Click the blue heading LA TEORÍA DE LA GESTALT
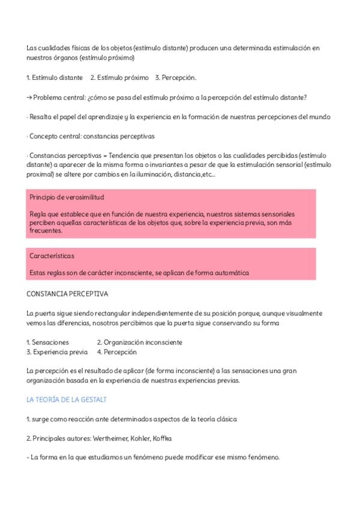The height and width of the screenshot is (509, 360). [x=67, y=399]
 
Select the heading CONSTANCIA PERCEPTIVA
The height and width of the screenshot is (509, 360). [x=67, y=294]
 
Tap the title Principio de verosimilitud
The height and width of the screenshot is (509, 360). [x=66, y=197]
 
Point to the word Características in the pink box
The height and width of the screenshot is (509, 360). [x=52, y=256]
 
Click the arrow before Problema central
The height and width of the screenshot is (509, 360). [x=29, y=97]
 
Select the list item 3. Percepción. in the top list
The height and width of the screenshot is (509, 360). [x=175, y=78]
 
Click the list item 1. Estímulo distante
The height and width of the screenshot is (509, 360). [x=55, y=78]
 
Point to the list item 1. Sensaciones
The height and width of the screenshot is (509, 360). [x=47, y=342]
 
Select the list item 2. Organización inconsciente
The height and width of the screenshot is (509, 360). [x=139, y=342]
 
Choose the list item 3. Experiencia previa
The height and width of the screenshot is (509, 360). [x=57, y=352]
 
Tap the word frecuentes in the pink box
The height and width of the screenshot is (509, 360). [x=46, y=230]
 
